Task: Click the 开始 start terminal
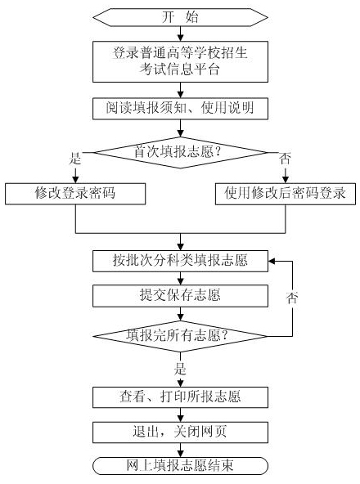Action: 180,16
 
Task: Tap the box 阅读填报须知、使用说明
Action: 180,108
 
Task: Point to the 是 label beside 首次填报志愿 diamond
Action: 77,160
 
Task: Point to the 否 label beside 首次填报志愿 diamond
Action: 285,160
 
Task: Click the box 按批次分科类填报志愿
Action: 180,262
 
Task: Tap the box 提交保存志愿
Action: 180,294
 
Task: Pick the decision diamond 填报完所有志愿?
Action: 180,335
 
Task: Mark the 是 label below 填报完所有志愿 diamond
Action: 181,370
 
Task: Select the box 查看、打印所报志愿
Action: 180,397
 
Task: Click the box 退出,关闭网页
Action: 180,431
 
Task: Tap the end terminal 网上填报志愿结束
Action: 180,465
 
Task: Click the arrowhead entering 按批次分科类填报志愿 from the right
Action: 274,262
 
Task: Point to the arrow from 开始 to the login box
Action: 180,34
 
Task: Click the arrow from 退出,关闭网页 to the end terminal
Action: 180,449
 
